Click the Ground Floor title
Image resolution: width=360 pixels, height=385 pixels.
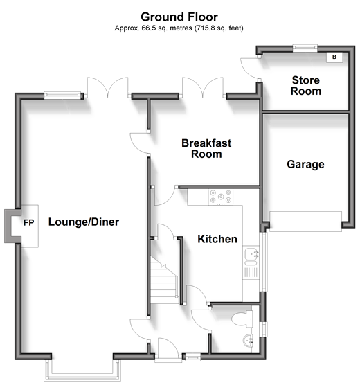[179, 17]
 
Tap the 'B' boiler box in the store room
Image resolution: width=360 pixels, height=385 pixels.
[334, 57]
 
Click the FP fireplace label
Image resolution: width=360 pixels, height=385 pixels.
[29, 222]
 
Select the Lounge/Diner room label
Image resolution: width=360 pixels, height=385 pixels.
[84, 222]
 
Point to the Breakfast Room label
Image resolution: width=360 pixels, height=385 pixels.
[206, 149]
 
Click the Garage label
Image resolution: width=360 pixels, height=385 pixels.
[305, 165]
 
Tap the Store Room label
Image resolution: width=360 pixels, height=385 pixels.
[306, 85]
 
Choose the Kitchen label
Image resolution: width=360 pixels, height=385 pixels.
[217, 239]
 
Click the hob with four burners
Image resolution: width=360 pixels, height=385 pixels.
[221, 197]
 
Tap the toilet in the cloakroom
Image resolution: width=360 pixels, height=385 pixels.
[242, 319]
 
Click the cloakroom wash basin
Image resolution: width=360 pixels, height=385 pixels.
[248, 341]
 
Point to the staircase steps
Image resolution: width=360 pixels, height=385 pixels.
[164, 280]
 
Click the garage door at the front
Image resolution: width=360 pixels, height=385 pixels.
[305, 221]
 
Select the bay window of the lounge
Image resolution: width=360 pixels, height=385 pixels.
[82, 370]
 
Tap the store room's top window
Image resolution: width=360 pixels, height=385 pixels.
[305, 48]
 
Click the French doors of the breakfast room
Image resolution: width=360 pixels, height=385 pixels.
[203, 88]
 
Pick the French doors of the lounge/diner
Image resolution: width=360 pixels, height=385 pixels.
[108, 88]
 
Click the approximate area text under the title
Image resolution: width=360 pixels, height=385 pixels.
[179, 28]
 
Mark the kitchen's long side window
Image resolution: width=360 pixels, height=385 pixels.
[264, 262]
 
